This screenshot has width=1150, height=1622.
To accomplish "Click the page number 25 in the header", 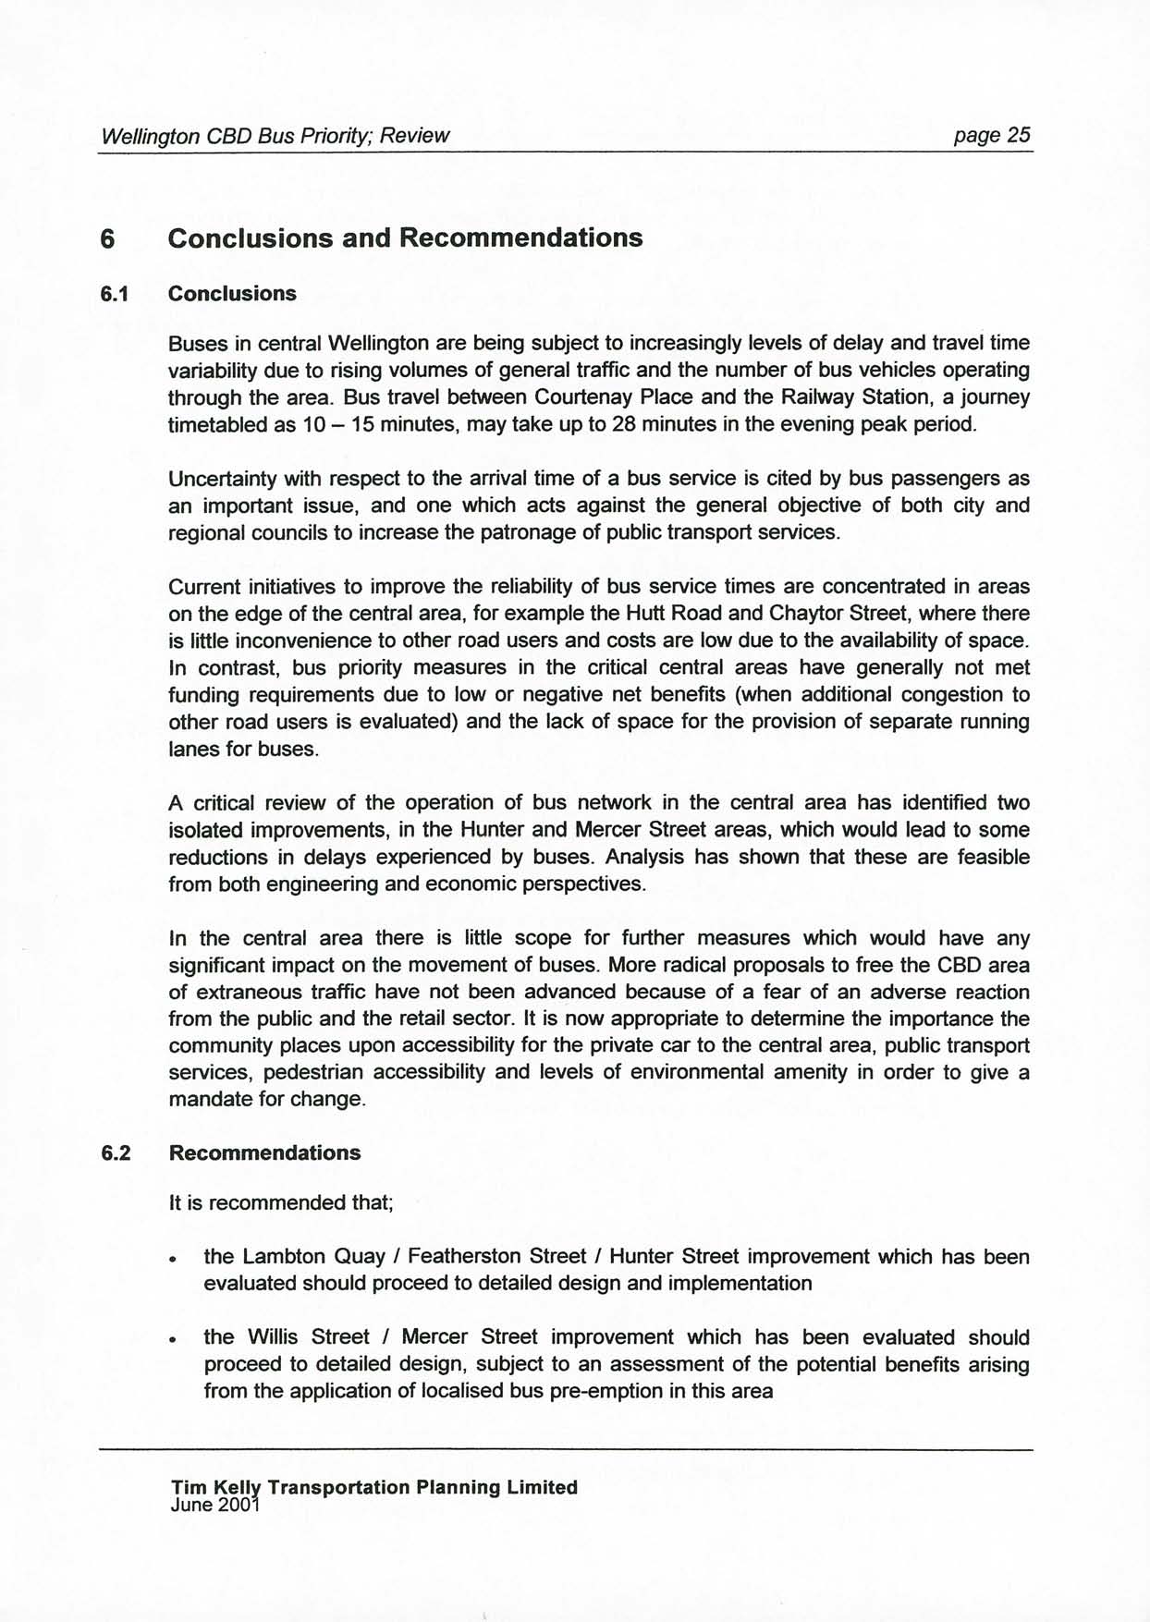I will pyautogui.click(x=1018, y=135).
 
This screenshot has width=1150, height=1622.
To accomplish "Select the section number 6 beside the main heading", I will pyautogui.click(x=108, y=238).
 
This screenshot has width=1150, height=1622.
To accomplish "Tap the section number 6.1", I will pyautogui.click(x=115, y=294).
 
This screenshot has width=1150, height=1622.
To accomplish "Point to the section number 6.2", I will pyautogui.click(x=116, y=1153).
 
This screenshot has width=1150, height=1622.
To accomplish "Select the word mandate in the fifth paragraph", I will pyautogui.click(x=207, y=1100).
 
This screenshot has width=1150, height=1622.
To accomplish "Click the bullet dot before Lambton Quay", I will pyautogui.click(x=173, y=1260).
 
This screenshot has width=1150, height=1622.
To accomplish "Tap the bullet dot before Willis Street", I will pyautogui.click(x=173, y=1340).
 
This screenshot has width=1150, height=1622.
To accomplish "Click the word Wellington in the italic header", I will pyautogui.click(x=150, y=136).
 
